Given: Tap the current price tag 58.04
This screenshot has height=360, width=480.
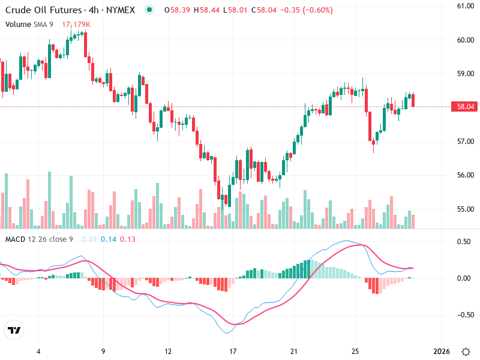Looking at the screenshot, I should (x=466, y=107).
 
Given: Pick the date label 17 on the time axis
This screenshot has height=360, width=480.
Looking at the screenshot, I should (x=233, y=351).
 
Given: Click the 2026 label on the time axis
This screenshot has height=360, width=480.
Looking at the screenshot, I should (x=442, y=351).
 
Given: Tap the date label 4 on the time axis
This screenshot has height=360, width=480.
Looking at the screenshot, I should (x=38, y=351).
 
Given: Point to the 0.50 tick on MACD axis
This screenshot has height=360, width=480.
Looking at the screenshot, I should (x=464, y=242).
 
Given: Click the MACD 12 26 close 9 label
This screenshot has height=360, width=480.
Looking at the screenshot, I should (x=39, y=239).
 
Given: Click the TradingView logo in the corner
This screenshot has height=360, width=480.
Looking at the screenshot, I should (x=14, y=331).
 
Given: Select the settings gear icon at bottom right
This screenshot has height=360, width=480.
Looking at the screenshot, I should (x=466, y=351).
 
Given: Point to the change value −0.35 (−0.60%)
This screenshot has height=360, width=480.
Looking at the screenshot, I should (x=311, y=10).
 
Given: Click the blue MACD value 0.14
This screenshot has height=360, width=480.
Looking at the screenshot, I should (x=108, y=239).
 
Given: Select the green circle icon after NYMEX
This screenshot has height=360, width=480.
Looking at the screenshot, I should (x=149, y=10).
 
